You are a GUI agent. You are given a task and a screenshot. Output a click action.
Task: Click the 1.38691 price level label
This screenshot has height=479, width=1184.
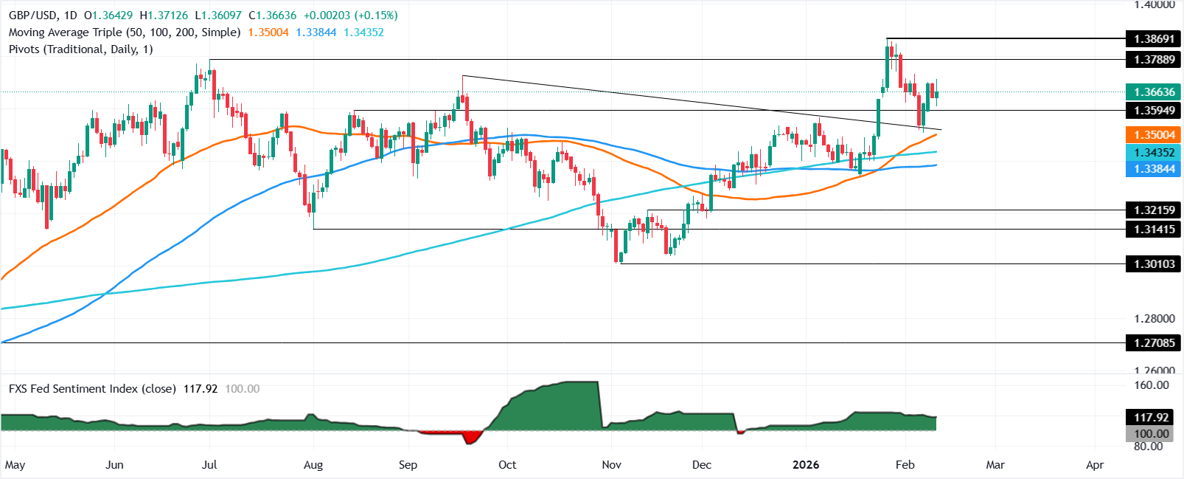(x=1155, y=38)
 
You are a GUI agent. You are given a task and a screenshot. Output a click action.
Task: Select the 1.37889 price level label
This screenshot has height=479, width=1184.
(x=1155, y=59)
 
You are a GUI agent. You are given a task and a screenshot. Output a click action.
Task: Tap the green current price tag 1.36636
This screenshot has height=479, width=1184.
(x=1155, y=92)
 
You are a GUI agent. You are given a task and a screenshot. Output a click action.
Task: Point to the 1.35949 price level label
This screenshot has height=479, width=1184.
(x=1155, y=110)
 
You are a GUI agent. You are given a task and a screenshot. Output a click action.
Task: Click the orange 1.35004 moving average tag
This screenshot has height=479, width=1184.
(x=1155, y=135)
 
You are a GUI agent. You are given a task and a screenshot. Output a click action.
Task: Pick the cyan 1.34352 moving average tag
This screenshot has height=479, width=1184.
(x=1155, y=152)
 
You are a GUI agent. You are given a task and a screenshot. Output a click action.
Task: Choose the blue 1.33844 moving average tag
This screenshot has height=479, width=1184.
(x=1155, y=169)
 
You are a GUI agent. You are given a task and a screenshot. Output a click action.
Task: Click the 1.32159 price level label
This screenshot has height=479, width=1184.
(x=1155, y=210)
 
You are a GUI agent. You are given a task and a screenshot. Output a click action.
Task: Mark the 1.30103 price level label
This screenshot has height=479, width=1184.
(x=1155, y=263)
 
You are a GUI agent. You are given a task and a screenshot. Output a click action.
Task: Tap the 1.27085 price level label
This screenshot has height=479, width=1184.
(x=1155, y=342)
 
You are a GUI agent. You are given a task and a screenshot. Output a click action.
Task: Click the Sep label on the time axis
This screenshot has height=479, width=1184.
(x=408, y=465)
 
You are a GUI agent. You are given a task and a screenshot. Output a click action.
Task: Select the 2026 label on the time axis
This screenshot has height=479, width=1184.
(x=806, y=465)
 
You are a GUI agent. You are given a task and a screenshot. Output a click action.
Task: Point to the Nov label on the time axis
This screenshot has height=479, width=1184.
(x=611, y=465)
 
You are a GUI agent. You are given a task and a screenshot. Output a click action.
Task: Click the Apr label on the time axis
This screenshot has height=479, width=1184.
(x=1095, y=465)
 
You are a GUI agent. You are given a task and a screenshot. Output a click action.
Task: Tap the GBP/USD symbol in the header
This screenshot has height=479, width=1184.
(x=33, y=15)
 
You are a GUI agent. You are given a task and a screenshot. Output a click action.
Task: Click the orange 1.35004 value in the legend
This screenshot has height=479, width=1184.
(x=268, y=32)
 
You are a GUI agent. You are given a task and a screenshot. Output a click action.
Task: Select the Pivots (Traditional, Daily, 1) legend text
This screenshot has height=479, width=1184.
(x=81, y=49)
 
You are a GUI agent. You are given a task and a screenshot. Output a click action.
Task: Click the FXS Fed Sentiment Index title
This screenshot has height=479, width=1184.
(x=92, y=389)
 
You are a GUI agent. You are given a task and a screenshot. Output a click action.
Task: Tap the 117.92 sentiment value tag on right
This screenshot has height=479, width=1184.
(x=1152, y=417)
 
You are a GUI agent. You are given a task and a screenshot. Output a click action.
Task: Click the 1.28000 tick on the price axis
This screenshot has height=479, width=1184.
(x=1155, y=319)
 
